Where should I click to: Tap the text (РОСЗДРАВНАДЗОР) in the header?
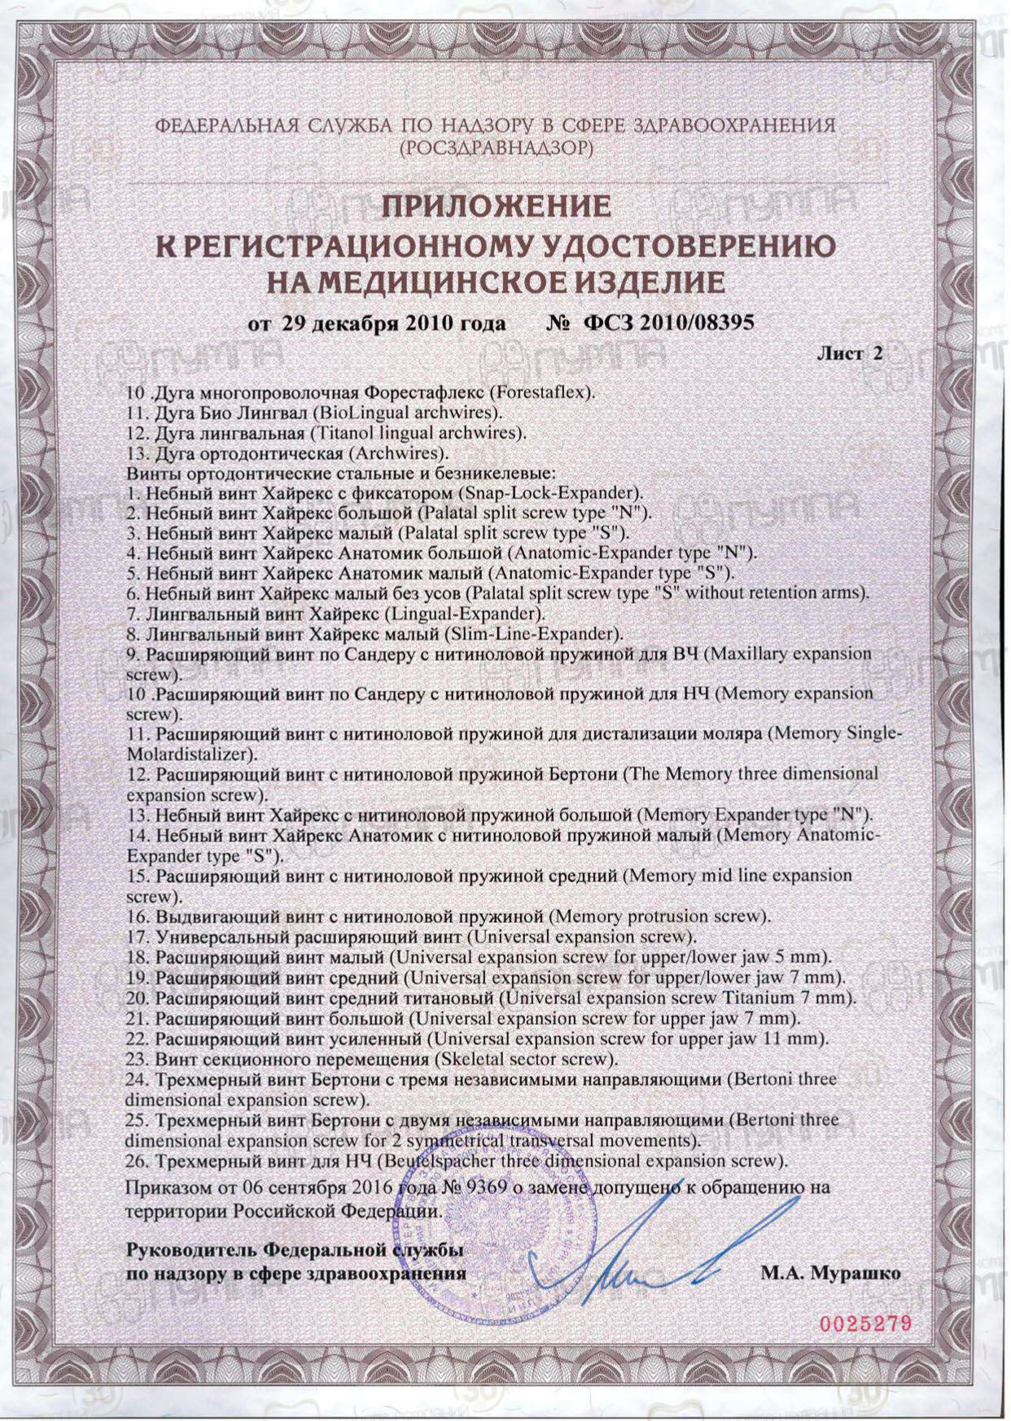tap(497, 148)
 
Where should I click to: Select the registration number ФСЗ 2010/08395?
tap(668, 323)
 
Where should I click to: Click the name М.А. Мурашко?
tap(830, 1273)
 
